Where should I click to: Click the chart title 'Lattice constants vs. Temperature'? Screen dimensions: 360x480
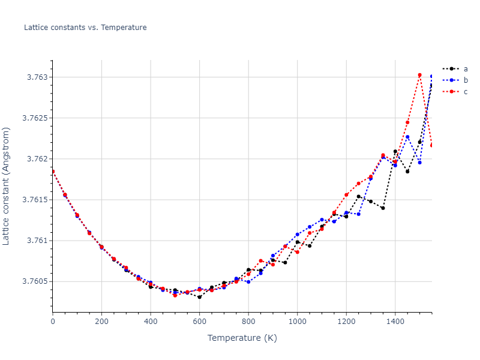click(85, 28)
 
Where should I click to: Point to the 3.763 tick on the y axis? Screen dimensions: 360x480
click(35, 77)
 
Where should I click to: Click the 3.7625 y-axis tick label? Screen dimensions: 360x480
click(33, 118)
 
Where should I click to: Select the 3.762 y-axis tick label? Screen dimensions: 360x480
click(35, 159)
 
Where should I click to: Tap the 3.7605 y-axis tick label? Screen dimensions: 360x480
click(33, 281)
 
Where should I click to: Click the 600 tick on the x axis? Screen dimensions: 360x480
click(199, 322)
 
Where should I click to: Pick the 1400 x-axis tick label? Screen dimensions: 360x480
click(395, 322)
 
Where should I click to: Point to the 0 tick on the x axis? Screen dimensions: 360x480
click(53, 322)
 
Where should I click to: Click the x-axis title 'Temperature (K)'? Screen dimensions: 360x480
click(242, 338)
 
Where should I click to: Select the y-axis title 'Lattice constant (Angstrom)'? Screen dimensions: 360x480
click(7, 185)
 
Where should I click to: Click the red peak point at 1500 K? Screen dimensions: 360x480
click(419, 75)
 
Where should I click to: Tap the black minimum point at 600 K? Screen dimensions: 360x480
click(199, 297)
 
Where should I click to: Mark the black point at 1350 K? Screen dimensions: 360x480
click(383, 208)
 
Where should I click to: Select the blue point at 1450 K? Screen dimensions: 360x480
click(407, 137)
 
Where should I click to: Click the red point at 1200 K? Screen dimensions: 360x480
click(346, 194)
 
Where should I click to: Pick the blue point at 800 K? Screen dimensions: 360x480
click(248, 282)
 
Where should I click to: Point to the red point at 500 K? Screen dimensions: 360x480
click(175, 295)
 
